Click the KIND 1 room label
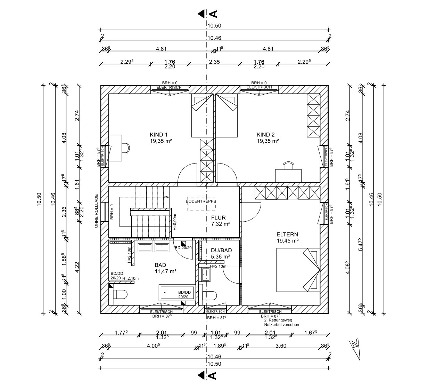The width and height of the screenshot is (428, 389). click(158, 135)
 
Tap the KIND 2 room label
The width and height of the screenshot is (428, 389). click(265, 135)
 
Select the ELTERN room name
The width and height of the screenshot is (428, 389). click(287, 235)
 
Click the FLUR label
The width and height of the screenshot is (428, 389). click(218, 218)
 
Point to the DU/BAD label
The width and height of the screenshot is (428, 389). click(221, 250)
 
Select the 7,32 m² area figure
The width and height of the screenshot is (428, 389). click(220, 224)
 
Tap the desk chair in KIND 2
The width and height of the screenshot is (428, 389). click(288, 165)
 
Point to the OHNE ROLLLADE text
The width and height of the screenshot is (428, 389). click(96, 211)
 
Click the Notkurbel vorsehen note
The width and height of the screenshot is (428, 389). click(281, 325)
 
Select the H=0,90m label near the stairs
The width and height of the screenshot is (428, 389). click(175, 222)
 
